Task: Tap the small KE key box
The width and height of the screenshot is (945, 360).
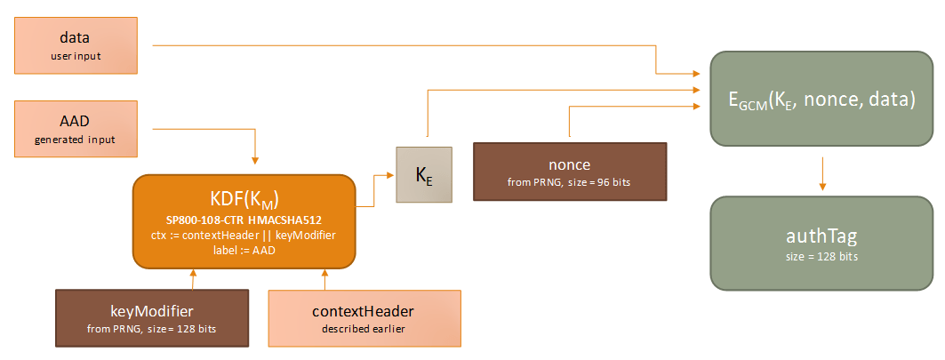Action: pyautogui.click(x=424, y=174)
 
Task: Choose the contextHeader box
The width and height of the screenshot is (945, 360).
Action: pyautogui.click(x=364, y=318)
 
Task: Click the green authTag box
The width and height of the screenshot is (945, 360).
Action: pyautogui.click(x=821, y=243)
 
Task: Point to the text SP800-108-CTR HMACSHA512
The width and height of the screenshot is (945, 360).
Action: pyautogui.click(x=244, y=219)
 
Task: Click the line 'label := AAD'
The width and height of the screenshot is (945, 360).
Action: pyautogui.click(x=244, y=249)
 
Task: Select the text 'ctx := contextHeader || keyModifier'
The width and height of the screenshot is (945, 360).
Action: pyautogui.click(x=244, y=234)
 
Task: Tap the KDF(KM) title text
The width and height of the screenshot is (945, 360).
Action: pyautogui.click(x=244, y=197)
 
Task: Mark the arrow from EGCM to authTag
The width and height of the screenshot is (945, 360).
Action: pyautogui.click(x=821, y=174)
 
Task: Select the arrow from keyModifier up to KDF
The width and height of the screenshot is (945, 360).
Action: pyautogui.click(x=192, y=279)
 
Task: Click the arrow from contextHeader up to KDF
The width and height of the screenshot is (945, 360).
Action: pyautogui.click(x=324, y=279)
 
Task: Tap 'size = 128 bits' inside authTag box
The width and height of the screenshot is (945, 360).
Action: pyautogui.click(x=821, y=257)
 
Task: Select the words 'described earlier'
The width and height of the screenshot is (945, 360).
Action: pyautogui.click(x=364, y=330)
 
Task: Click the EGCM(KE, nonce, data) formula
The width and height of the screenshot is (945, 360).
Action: pyautogui.click(x=821, y=99)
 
